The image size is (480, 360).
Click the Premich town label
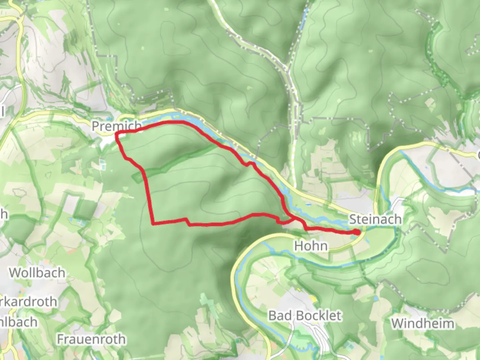coord(116,126)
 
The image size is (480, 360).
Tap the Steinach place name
coord(375,219)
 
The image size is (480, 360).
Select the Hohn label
coord(311,246)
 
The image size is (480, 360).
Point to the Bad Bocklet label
coord(305,315)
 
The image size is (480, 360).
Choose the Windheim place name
coord(422,323)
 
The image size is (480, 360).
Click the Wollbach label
coord(37,273)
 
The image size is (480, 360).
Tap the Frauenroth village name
coord(91,339)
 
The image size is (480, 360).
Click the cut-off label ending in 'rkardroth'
coord(28,302)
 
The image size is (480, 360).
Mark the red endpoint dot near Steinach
coord(357,232)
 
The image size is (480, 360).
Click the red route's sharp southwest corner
coord(153,223)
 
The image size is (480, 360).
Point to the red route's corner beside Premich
coord(117,134)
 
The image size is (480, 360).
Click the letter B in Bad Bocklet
coord(273,316)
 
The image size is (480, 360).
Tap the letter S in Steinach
coord(353,220)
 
